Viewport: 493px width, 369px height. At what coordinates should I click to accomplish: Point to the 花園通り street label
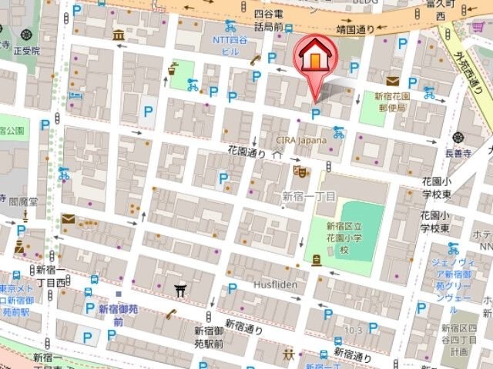[246, 154]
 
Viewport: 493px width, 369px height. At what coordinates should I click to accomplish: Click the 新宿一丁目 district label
[308, 197]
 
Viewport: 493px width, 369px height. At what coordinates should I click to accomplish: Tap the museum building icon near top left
[119, 35]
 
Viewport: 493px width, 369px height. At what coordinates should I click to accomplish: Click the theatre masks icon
[303, 171]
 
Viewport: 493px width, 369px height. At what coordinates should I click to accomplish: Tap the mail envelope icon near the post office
[393, 80]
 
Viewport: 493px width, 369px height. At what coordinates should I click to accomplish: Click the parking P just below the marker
[315, 114]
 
